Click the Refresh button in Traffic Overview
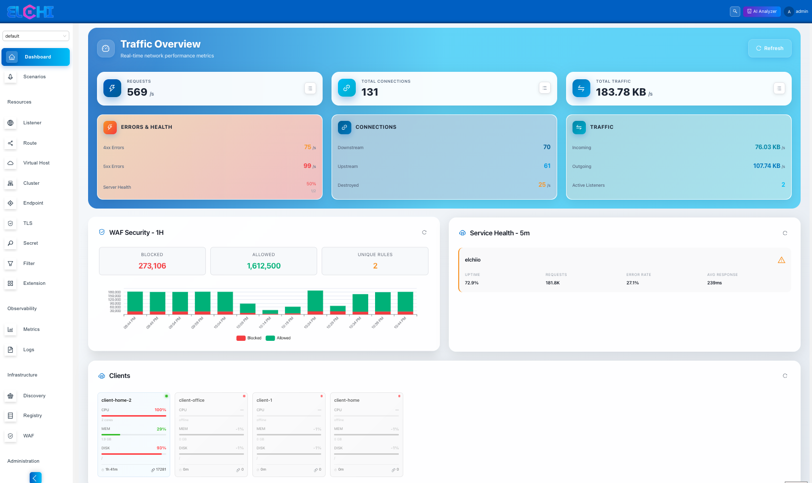pyautogui.click(x=769, y=48)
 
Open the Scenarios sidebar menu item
pyautogui.click(x=34, y=77)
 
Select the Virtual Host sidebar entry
pyautogui.click(x=36, y=163)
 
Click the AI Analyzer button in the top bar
pyautogui.click(x=762, y=11)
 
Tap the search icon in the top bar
pyautogui.click(x=735, y=11)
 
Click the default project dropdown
pyautogui.click(x=36, y=36)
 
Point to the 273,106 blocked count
pyautogui.click(x=152, y=266)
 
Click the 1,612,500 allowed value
pyautogui.click(x=263, y=266)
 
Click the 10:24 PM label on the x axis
pyautogui.click(x=310, y=323)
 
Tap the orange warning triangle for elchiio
pyautogui.click(x=781, y=260)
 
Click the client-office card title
pyautogui.click(x=191, y=400)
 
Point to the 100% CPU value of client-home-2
pyautogui.click(x=160, y=410)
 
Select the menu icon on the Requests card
pyautogui.click(x=310, y=88)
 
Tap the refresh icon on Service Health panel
pyautogui.click(x=785, y=233)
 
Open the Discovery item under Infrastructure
pyautogui.click(x=34, y=396)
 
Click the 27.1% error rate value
pyautogui.click(x=632, y=283)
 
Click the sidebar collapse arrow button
pyautogui.click(x=36, y=478)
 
